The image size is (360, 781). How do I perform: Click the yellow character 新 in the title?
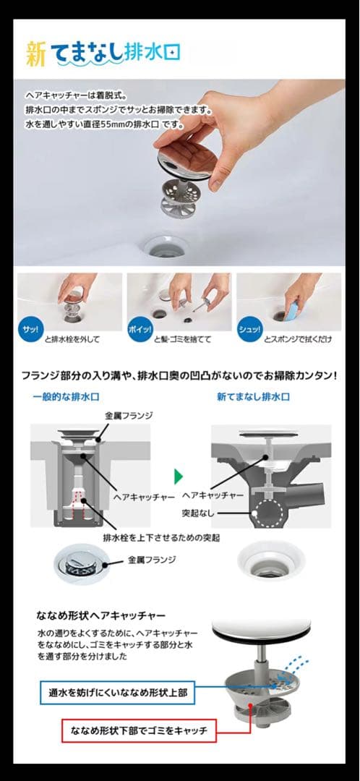36,54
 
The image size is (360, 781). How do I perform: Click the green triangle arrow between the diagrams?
179,477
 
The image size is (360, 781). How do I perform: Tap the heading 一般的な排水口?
67,398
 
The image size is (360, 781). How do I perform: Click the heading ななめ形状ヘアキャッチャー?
101,615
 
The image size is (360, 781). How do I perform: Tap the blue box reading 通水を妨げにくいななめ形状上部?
115,693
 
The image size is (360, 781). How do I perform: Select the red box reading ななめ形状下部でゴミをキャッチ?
139,731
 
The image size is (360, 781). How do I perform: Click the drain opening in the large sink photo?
171,245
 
